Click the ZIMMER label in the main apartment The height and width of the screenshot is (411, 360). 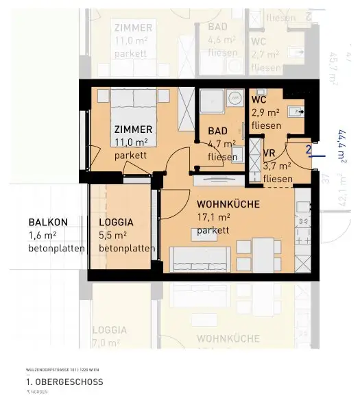click(x=134, y=129)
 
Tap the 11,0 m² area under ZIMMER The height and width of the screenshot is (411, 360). click(x=130, y=142)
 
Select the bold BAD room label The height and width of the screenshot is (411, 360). click(x=219, y=132)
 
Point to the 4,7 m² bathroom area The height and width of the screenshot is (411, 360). click(x=221, y=144)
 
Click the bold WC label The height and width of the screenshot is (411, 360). click(x=259, y=99)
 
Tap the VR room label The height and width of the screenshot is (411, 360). click(x=269, y=153)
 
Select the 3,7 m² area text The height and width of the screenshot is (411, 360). click(x=277, y=166)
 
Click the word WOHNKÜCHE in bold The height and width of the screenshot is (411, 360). click(x=227, y=204)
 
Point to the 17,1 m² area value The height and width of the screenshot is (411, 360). click(x=213, y=217)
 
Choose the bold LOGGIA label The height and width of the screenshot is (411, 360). click(x=116, y=223)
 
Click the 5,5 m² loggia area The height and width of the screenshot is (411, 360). click(x=114, y=236)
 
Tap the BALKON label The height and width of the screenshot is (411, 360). click(x=48, y=223)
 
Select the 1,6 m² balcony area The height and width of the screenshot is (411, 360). click(x=43, y=236)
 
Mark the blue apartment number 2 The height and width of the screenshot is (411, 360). click(x=309, y=149)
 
